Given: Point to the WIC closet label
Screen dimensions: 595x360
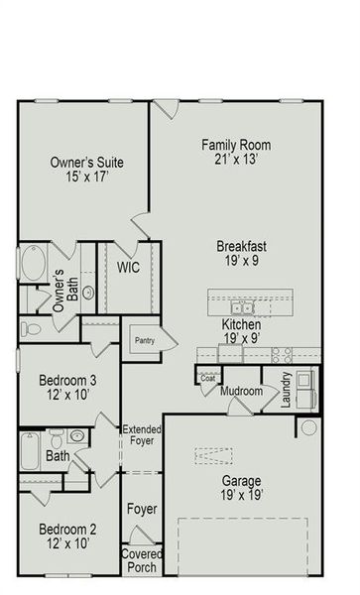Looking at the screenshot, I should pyautogui.click(x=127, y=268).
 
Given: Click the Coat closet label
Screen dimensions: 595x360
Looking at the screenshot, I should pyautogui.click(x=207, y=377).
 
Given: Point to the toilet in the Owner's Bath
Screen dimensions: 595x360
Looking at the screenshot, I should pyautogui.click(x=31, y=328).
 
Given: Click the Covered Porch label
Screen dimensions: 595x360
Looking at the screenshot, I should pyautogui.click(x=141, y=560).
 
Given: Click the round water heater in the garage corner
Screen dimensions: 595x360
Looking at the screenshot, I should pyautogui.click(x=307, y=427).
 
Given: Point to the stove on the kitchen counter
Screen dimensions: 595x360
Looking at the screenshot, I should pyautogui.click(x=282, y=352).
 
